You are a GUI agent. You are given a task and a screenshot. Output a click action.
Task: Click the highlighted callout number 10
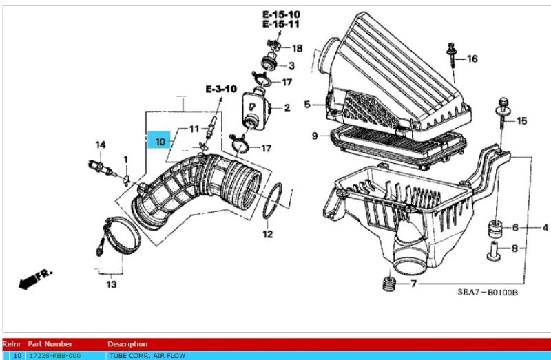pyautogui.click(x=159, y=142)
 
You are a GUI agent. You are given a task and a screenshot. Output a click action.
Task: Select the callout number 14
pyautogui.click(x=101, y=145)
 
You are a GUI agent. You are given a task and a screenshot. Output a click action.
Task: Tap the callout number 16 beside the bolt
pyautogui.click(x=472, y=59)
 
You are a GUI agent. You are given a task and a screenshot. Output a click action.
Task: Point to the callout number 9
pyautogui.click(x=315, y=136)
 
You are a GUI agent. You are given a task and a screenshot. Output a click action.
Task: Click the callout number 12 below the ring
pyautogui.click(x=269, y=234)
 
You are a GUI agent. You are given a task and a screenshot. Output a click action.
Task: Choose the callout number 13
pyautogui.click(x=110, y=284)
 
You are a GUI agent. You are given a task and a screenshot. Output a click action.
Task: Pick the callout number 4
pyautogui.click(x=544, y=227)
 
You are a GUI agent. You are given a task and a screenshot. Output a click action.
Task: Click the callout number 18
pyautogui.click(x=297, y=48)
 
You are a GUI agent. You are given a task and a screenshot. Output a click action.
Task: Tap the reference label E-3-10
pyautogui.click(x=220, y=89)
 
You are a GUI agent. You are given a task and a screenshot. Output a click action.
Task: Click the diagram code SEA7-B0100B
pyautogui.click(x=488, y=293)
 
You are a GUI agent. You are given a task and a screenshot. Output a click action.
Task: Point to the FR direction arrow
pyautogui.click(x=34, y=279)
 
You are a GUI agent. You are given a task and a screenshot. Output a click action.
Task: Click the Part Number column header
pyautogui.click(x=50, y=343)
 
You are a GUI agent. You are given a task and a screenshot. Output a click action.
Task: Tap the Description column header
pyautogui.click(x=127, y=343)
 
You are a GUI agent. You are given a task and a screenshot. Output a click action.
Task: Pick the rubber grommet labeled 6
pyautogui.click(x=494, y=227)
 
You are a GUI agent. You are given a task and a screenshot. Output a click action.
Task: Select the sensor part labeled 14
pyautogui.click(x=97, y=166)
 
